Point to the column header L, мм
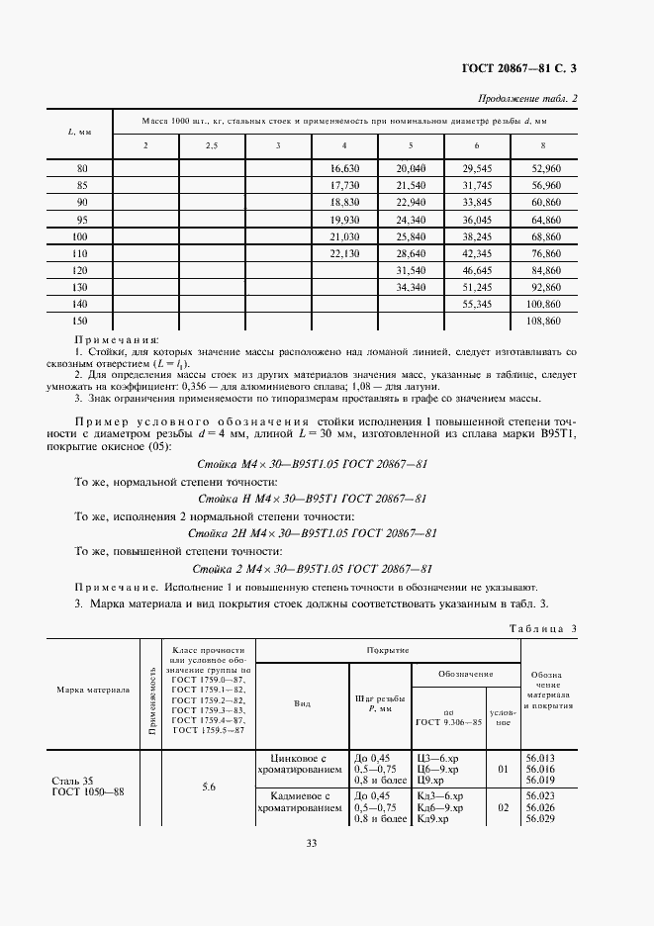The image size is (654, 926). coord(81,132)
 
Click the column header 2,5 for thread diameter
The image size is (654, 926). coord(212,146)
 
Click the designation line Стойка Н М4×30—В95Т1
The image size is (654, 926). coord(313,498)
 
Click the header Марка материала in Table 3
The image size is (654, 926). coord(93,690)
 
